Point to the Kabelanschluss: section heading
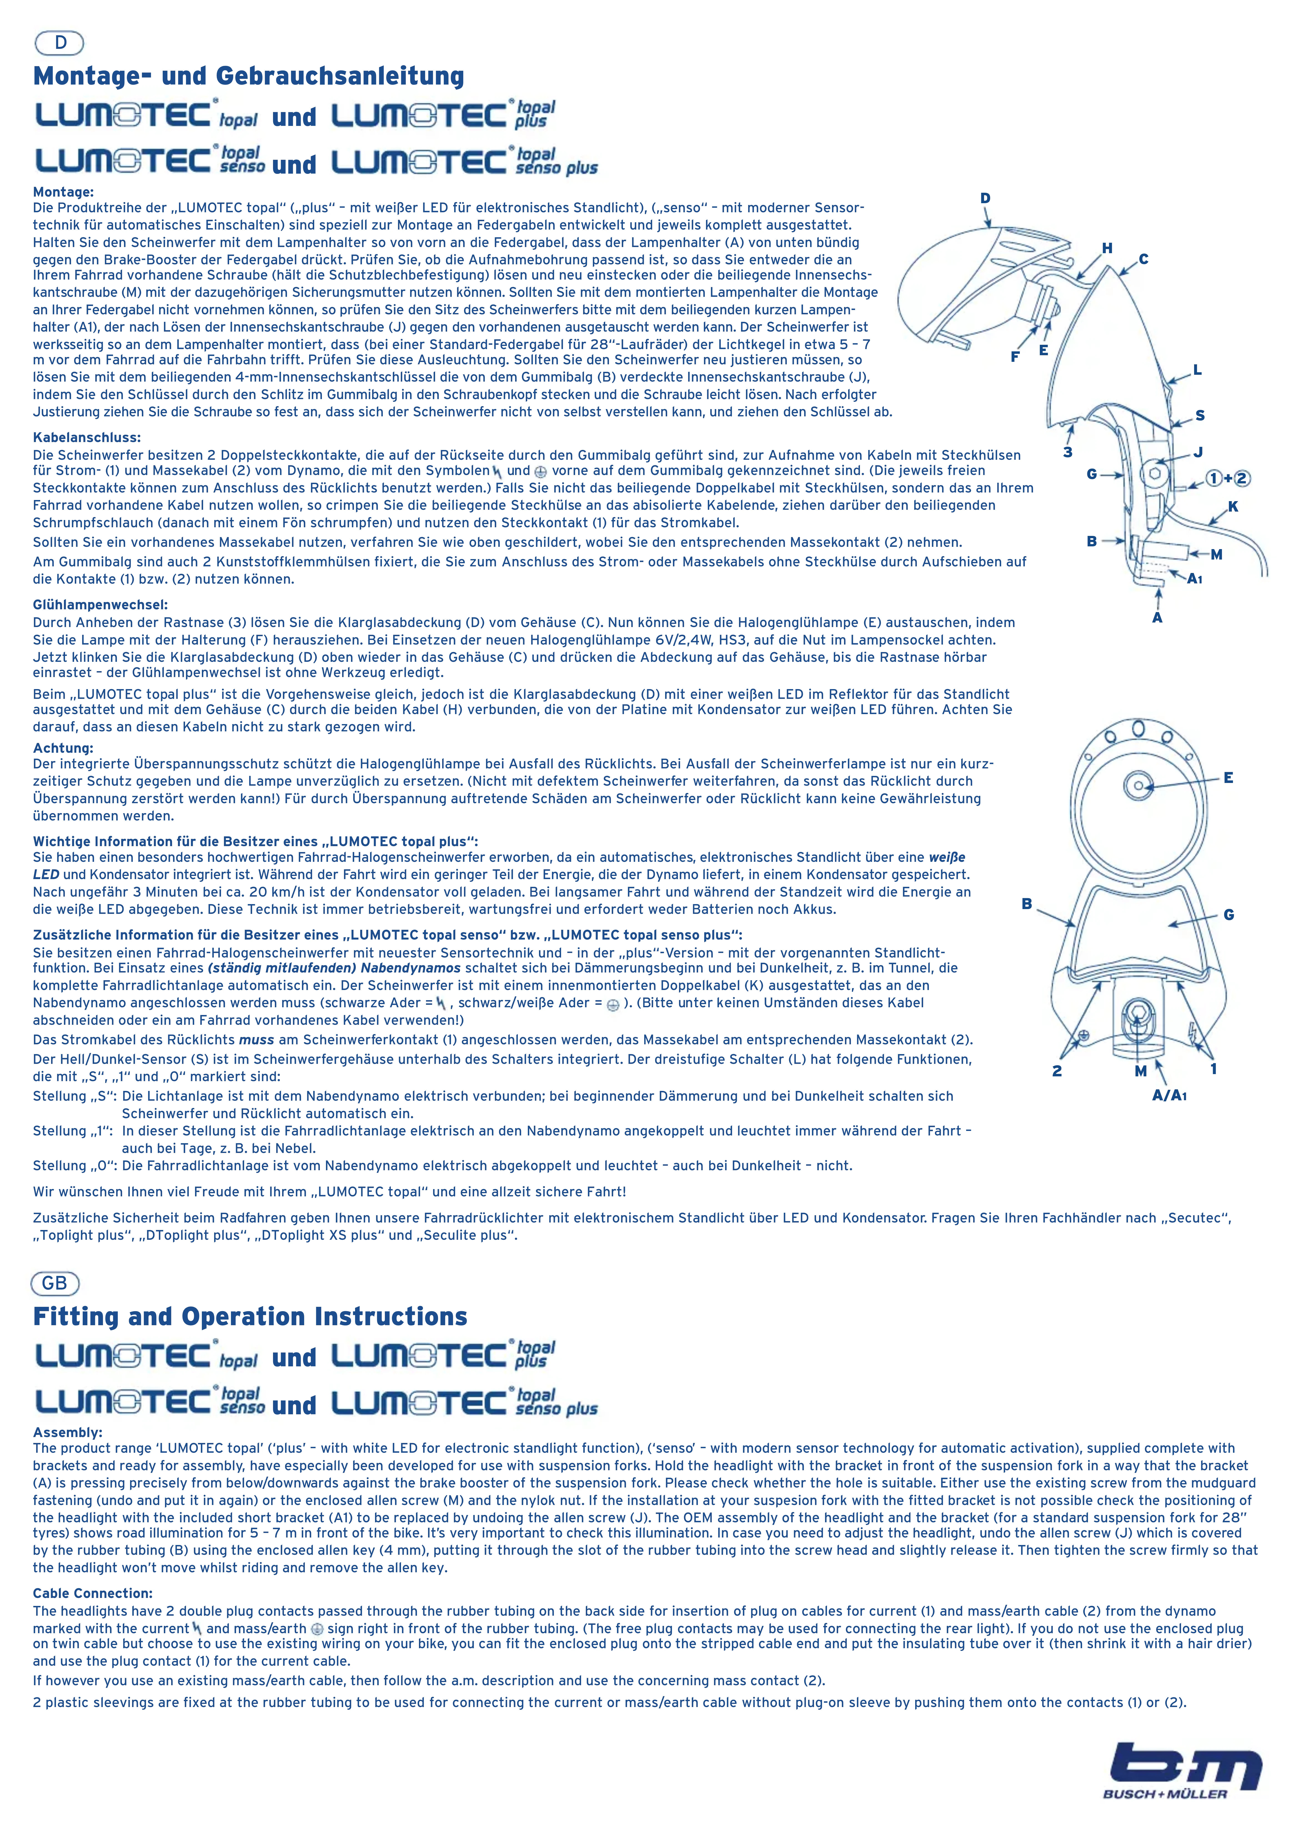point(86,437)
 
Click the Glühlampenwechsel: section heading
point(100,605)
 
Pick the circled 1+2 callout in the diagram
point(1228,478)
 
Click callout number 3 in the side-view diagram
point(1067,452)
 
